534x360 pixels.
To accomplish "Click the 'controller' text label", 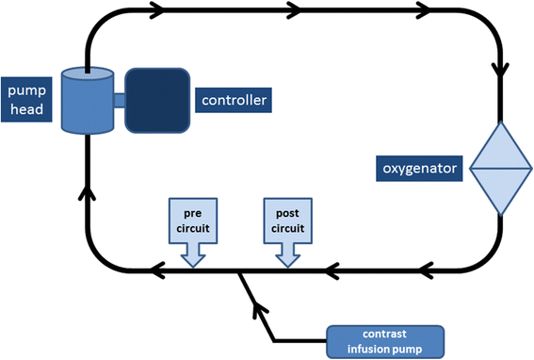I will [234, 99].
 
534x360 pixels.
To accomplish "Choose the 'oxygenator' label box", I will [419, 170].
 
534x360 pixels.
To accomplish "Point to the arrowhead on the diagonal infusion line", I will [254, 303].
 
